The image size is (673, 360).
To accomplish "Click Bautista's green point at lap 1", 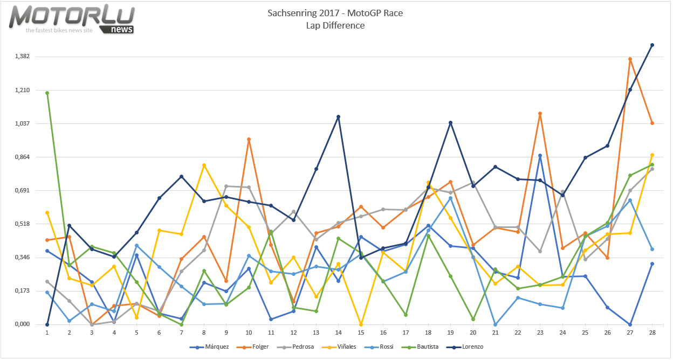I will [x=47, y=93].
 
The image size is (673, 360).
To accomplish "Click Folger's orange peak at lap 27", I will [x=630, y=59].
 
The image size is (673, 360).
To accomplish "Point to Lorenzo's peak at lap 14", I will [x=338, y=116].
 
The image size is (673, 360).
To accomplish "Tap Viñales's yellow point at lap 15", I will [x=361, y=324].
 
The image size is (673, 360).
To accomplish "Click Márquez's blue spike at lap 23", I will [x=540, y=156].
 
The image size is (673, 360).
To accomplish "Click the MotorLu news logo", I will [x=72, y=19].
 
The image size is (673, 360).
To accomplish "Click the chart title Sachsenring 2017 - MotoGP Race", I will [x=335, y=13].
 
